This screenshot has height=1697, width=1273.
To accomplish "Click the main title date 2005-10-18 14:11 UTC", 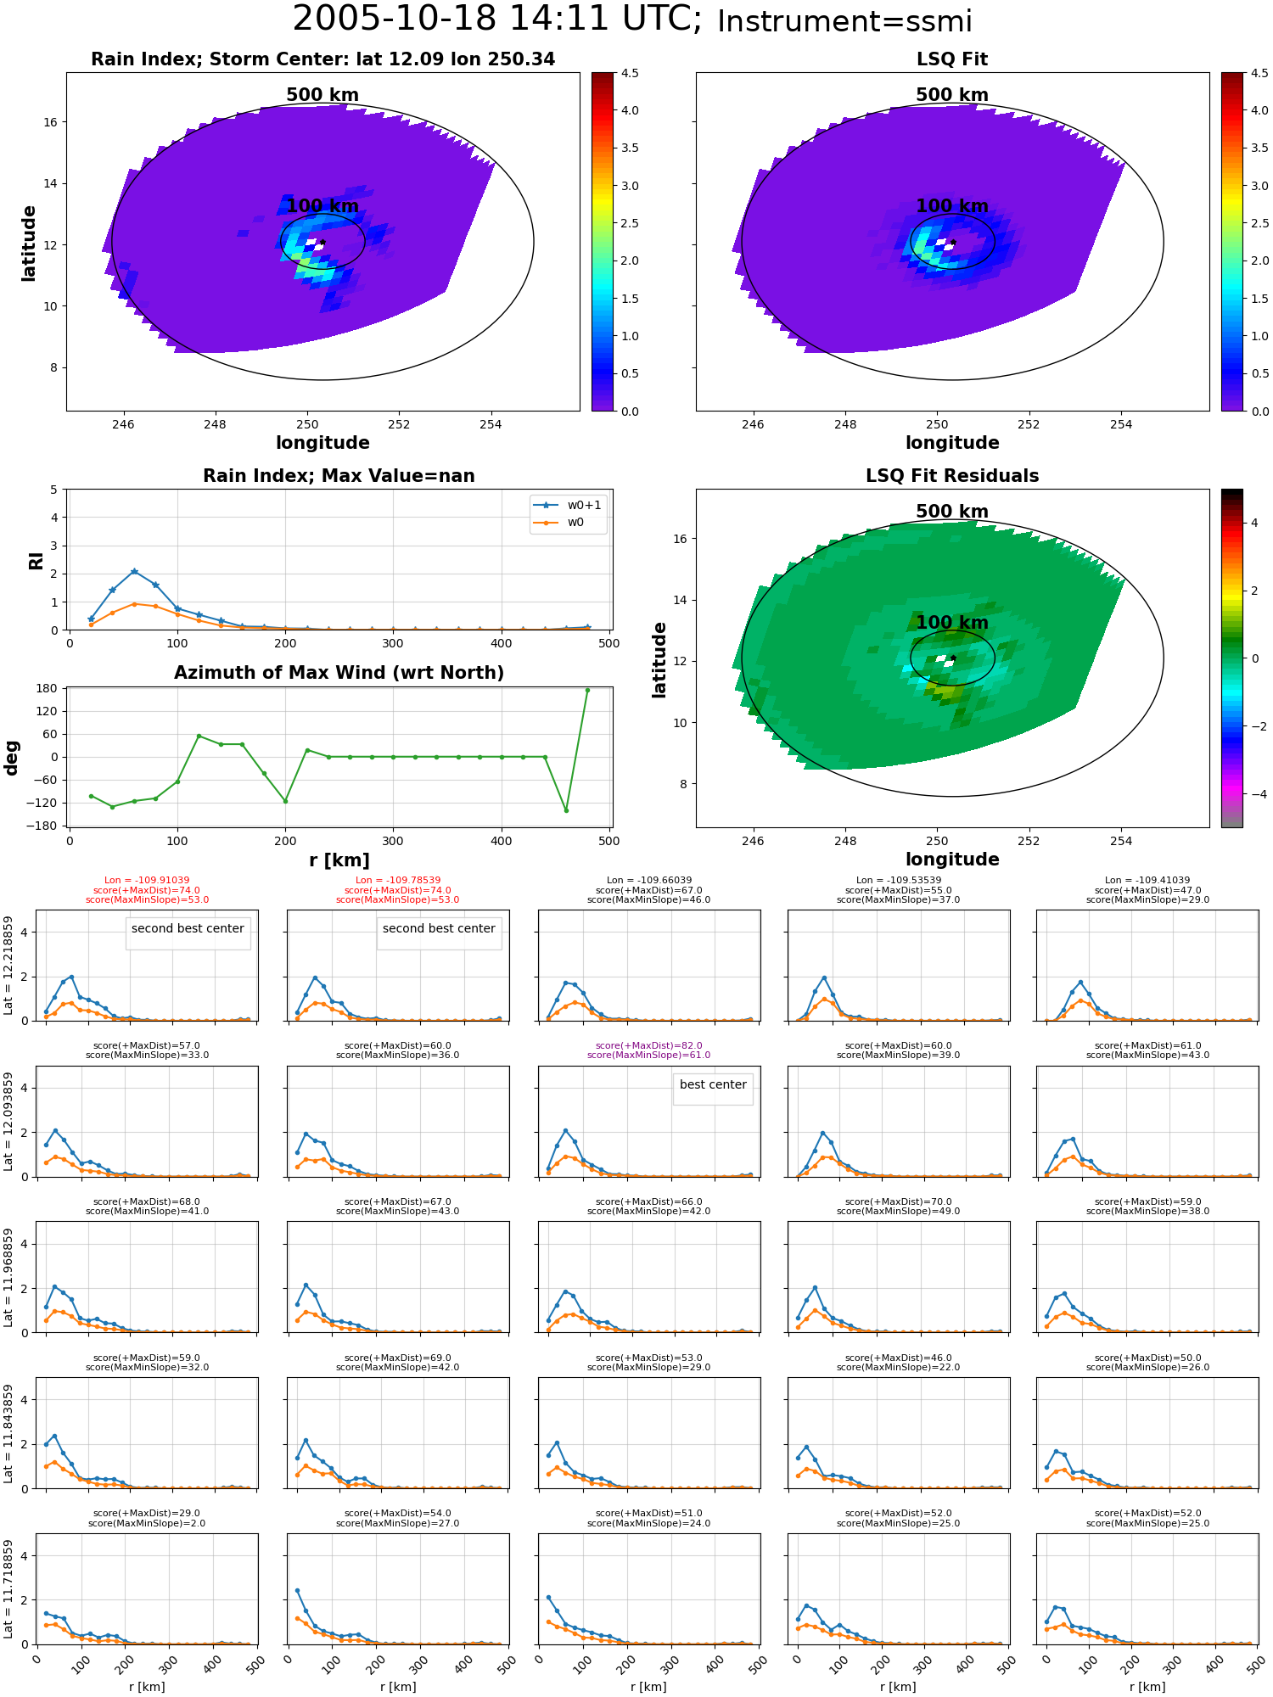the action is (x=497, y=20).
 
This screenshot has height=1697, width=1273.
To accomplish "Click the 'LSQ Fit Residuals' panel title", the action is (x=952, y=476).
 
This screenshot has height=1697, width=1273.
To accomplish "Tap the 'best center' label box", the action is (x=713, y=1084).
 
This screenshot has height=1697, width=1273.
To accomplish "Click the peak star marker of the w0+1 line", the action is (x=134, y=572).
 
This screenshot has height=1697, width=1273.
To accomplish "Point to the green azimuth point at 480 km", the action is (x=587, y=691).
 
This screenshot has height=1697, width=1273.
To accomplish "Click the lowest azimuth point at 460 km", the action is (x=566, y=810).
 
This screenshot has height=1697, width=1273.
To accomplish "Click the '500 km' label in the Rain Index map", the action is (x=322, y=95).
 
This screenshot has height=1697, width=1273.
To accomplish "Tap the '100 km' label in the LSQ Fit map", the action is (x=952, y=206).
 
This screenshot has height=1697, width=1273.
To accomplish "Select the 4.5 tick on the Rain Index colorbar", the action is (x=629, y=73).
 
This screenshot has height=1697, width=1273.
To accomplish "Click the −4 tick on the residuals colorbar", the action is (x=1254, y=794).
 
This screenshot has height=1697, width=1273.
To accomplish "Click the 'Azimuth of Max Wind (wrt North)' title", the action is (x=339, y=673).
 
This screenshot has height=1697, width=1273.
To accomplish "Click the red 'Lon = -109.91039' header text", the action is (x=148, y=881).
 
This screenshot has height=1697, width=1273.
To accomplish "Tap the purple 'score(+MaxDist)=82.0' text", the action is (x=649, y=1046).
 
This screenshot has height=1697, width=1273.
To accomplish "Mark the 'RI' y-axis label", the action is (x=36, y=561).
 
